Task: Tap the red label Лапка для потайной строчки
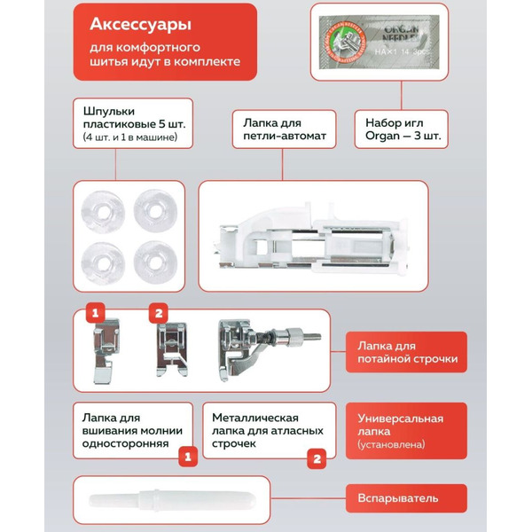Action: (406, 353)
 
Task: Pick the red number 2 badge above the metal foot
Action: (159, 313)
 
